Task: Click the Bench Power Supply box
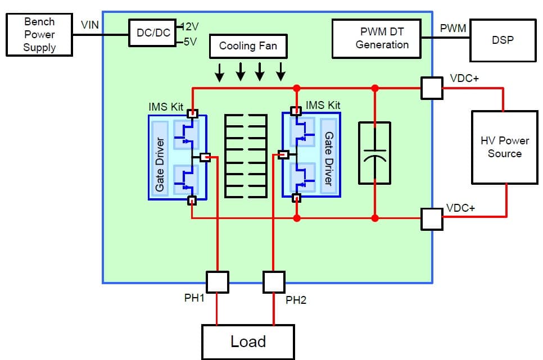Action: click(39, 35)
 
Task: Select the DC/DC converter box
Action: click(153, 34)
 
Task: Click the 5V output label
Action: click(189, 42)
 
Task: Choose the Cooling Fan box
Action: click(248, 46)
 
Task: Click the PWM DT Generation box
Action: click(376, 38)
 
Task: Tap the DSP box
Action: click(502, 40)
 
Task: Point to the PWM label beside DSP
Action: click(452, 28)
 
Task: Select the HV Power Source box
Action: click(504, 147)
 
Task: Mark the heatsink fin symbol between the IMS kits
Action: click(246, 156)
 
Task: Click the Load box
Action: click(248, 341)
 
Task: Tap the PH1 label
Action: click(194, 298)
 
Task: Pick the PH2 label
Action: click(296, 300)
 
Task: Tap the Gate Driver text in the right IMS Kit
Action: click(329, 159)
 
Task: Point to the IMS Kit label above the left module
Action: click(166, 107)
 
